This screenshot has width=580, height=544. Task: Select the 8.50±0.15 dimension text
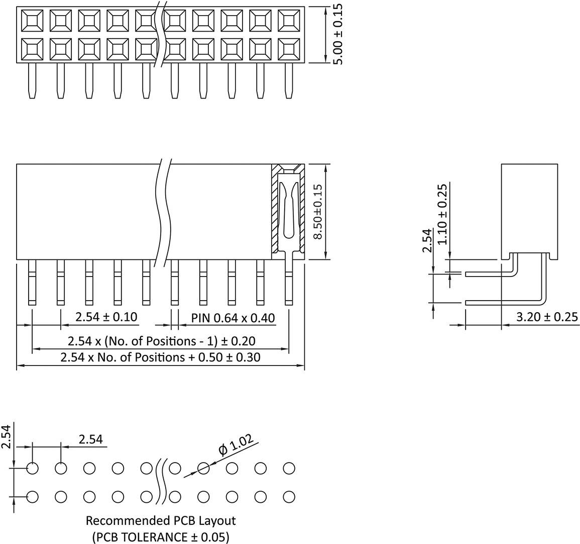click(318, 212)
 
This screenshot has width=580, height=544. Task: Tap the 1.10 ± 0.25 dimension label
click(442, 214)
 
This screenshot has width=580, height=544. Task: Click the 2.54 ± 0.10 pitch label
click(106, 317)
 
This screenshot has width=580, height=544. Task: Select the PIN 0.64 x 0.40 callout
click(233, 318)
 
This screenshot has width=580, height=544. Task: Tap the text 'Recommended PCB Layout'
click(161, 520)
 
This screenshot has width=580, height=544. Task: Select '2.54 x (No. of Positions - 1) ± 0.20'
click(161, 341)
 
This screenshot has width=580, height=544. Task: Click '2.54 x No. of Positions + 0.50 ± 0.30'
click(160, 357)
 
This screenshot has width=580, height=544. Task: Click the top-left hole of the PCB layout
click(32, 469)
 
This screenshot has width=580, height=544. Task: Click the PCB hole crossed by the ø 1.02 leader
click(203, 469)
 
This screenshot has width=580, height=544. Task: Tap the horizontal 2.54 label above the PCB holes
click(90, 439)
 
